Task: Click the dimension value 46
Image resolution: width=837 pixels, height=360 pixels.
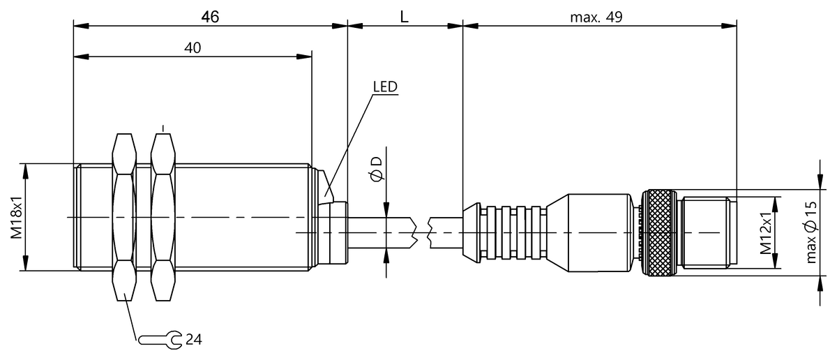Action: point(210,17)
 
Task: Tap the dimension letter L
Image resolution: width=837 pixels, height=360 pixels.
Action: point(404,17)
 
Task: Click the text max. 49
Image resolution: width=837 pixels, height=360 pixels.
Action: point(596,17)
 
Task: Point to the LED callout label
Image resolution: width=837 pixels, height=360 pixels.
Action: point(384,87)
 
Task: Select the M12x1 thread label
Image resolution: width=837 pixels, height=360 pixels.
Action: point(766,232)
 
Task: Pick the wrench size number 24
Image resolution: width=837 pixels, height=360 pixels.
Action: point(193,340)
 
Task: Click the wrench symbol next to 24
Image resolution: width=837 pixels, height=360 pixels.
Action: point(160,340)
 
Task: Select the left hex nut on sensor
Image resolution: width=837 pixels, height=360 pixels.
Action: point(124,217)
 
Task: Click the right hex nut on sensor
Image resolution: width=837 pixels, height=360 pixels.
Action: point(163,217)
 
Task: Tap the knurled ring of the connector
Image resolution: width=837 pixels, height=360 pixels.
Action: point(658,231)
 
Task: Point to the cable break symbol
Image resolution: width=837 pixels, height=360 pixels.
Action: point(423,231)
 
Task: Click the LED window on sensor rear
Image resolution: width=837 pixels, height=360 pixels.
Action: point(328,185)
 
